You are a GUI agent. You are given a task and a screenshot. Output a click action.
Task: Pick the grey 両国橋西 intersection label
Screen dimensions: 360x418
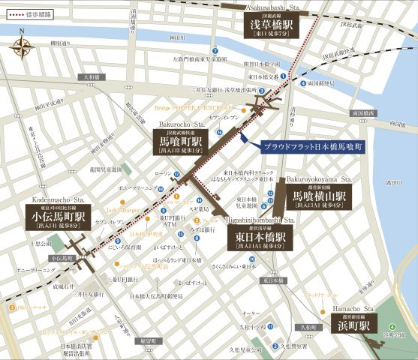(363, 112)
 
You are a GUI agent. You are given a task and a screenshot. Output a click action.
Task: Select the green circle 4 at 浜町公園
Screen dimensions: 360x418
(392, 325)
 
